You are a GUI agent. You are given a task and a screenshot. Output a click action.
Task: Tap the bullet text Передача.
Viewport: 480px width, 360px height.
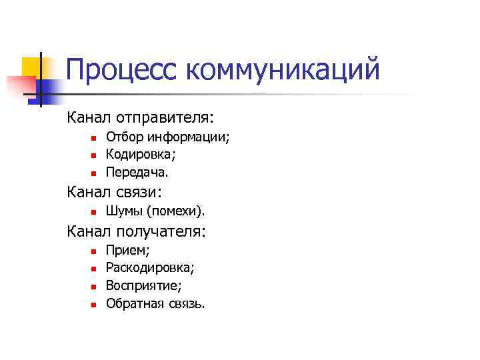coord(138,173)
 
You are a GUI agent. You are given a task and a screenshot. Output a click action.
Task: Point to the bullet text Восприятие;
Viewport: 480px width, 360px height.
coord(144,286)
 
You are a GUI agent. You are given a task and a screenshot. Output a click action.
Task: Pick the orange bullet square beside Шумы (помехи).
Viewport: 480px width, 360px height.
coord(94,213)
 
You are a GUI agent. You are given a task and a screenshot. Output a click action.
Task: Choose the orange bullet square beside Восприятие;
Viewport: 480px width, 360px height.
coord(94,287)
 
